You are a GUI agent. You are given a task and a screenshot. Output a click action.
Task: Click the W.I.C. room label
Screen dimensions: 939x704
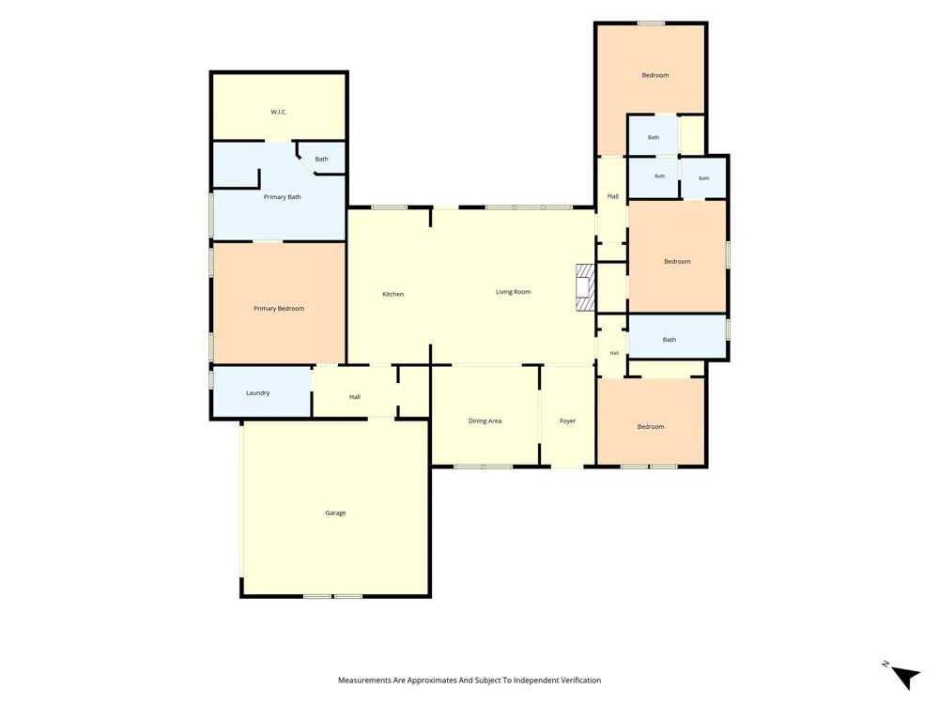click(279, 112)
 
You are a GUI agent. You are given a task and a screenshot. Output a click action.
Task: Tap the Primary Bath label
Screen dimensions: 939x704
click(282, 197)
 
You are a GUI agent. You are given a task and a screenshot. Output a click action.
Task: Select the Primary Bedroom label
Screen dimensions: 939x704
click(279, 308)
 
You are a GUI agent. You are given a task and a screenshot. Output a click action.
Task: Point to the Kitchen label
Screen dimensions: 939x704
click(393, 294)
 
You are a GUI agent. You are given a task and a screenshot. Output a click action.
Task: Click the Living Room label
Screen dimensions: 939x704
click(514, 292)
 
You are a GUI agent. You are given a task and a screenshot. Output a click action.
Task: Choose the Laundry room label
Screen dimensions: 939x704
click(257, 392)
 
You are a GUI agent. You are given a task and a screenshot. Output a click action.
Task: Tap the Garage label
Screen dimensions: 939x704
click(335, 513)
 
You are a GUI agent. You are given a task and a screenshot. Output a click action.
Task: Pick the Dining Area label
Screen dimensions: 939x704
click(485, 421)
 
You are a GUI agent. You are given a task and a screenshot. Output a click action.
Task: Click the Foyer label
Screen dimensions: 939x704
click(568, 421)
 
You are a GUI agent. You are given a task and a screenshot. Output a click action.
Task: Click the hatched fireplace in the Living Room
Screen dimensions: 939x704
click(585, 288)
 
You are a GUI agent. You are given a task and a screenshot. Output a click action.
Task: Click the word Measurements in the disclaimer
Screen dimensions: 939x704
click(364, 680)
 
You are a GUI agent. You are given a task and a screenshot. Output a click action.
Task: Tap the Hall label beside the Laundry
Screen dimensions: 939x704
click(355, 397)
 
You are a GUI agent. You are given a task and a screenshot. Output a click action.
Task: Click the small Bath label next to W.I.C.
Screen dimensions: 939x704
click(321, 159)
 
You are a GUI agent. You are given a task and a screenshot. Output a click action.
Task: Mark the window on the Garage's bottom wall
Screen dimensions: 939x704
click(332, 596)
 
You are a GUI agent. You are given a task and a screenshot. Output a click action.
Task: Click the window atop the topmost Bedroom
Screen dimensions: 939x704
click(651, 23)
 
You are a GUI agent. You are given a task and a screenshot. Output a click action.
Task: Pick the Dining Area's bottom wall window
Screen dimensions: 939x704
click(483, 467)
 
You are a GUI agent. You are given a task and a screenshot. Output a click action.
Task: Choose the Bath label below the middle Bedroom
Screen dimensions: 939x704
click(669, 340)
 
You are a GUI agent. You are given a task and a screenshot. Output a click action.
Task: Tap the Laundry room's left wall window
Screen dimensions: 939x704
click(211, 379)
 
